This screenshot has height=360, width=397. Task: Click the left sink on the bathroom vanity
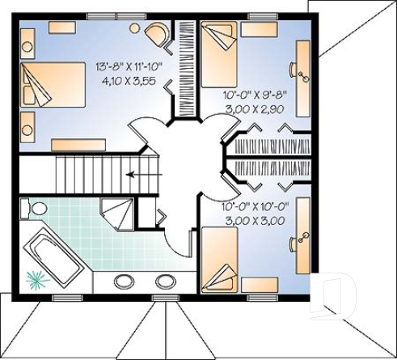[x=125, y=282]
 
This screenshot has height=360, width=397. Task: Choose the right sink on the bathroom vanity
[x=166, y=282]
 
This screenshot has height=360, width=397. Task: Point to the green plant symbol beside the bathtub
[x=36, y=280]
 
